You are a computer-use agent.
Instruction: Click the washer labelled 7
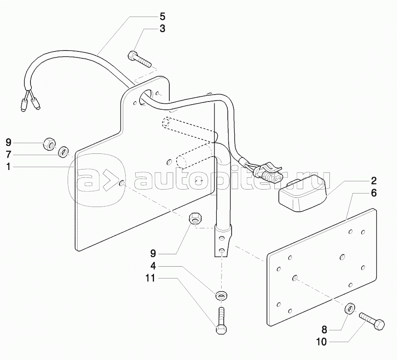(x=64, y=152)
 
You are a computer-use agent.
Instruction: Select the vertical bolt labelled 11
(x=221, y=320)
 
